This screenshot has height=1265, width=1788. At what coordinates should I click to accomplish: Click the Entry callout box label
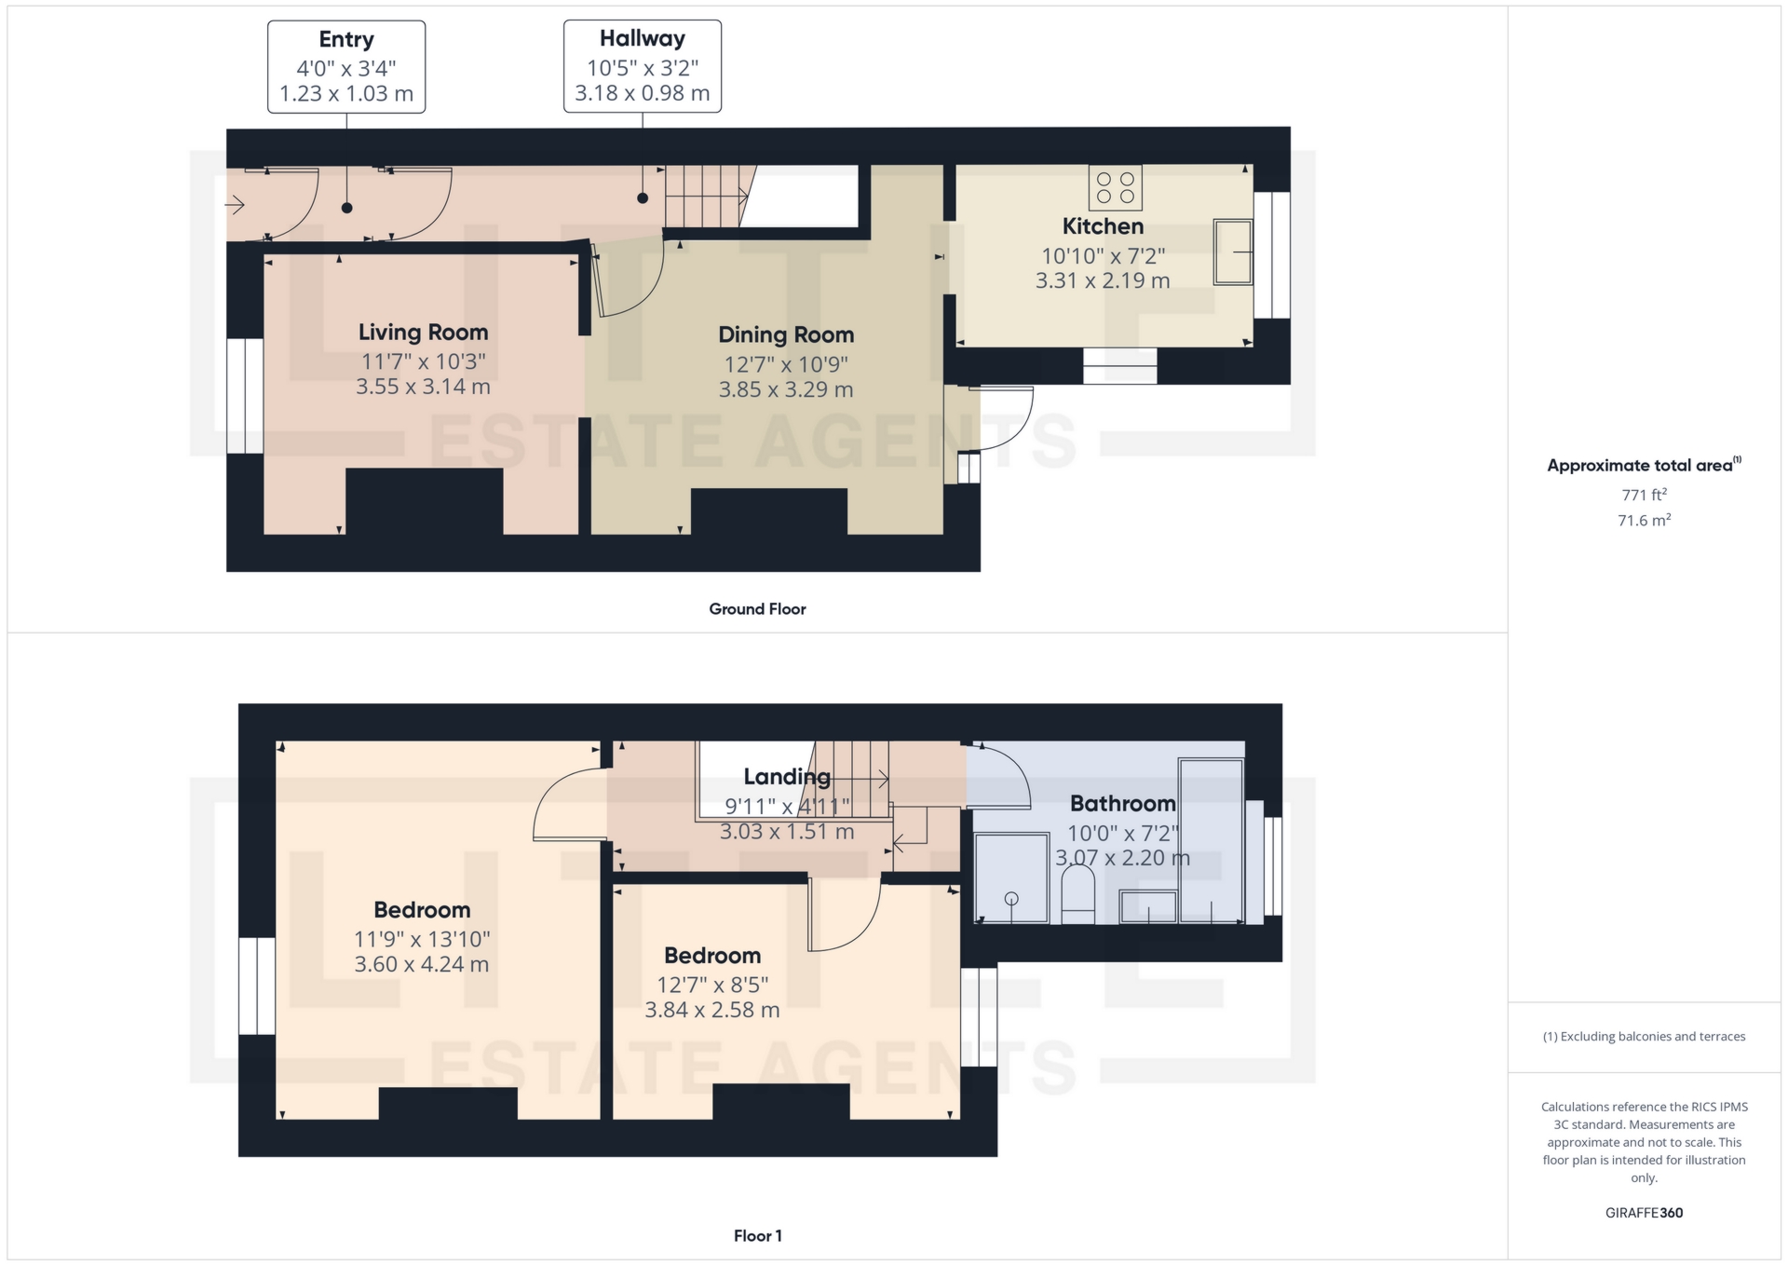(x=346, y=39)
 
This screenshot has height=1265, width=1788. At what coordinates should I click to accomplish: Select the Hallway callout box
(x=643, y=66)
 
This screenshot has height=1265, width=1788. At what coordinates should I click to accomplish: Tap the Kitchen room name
(x=1103, y=225)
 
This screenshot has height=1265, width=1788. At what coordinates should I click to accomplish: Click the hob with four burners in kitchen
(x=1116, y=187)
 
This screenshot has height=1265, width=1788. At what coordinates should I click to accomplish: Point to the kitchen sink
(x=1233, y=252)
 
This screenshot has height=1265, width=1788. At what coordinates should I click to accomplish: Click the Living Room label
(x=424, y=332)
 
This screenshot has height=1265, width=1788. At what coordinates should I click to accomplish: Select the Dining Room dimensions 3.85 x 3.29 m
(x=786, y=389)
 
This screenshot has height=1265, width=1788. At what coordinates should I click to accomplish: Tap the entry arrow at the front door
(x=235, y=204)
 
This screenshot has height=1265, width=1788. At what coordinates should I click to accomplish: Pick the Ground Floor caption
(x=757, y=608)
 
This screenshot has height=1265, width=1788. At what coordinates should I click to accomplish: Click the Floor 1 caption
(x=757, y=1235)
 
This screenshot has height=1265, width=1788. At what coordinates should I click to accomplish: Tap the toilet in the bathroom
(x=1078, y=893)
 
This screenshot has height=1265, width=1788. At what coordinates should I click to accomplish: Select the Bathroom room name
(x=1123, y=803)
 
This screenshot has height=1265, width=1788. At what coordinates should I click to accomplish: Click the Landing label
(x=787, y=776)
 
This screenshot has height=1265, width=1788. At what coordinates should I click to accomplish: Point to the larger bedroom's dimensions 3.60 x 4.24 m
(x=422, y=964)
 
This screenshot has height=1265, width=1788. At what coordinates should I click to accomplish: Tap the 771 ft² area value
(x=1644, y=495)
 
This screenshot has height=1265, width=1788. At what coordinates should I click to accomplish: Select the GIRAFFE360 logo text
(x=1644, y=1212)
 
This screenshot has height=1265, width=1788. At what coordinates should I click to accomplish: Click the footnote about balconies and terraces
(x=1644, y=1036)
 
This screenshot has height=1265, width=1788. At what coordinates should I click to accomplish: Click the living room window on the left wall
(x=245, y=396)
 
